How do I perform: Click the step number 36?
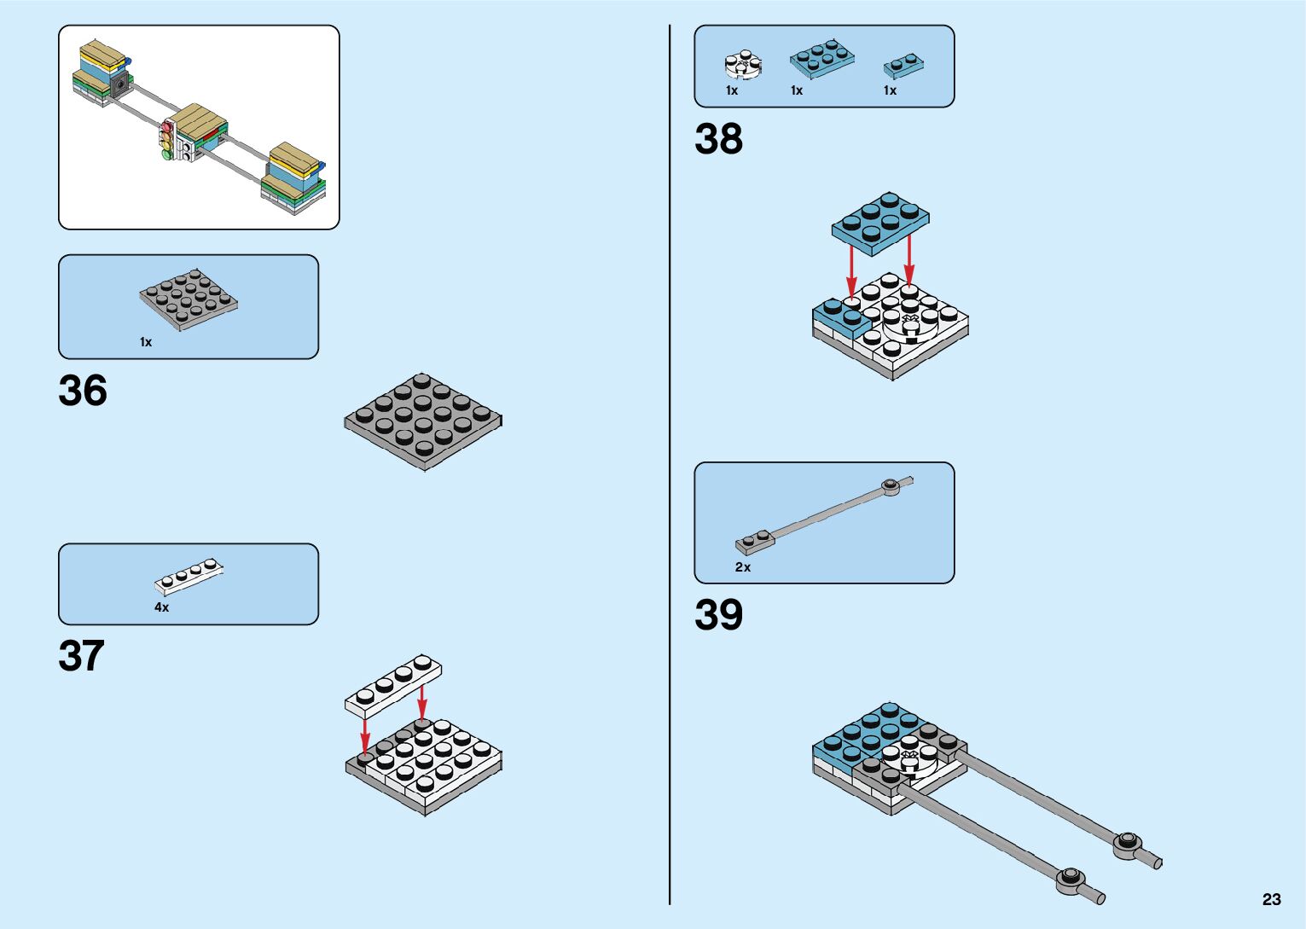pos(83,391)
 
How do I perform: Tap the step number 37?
pos(81,656)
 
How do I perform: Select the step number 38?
pos(718,139)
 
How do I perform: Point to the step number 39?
pos(718,615)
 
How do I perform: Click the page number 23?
pos(1271,899)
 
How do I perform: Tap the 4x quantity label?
pos(161,607)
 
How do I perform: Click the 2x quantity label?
pos(743,567)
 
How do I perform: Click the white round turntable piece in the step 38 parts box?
pos(742,64)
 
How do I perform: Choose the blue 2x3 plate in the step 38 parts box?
pos(821,56)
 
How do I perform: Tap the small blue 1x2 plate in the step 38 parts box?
pos(904,65)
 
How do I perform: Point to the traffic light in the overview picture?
pos(167,141)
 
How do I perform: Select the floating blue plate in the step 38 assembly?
pos(880,222)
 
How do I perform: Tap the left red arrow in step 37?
pos(365,734)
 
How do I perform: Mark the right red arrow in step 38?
pos(909,259)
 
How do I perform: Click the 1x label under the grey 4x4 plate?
pos(146,342)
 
